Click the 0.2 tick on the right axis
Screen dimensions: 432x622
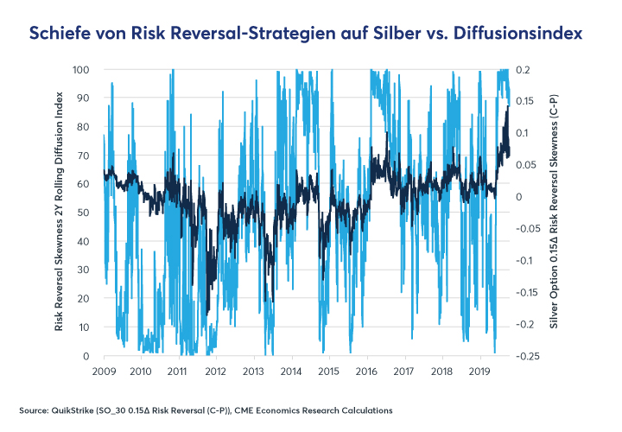[524, 69]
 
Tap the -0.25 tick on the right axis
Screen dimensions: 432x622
[530, 356]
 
